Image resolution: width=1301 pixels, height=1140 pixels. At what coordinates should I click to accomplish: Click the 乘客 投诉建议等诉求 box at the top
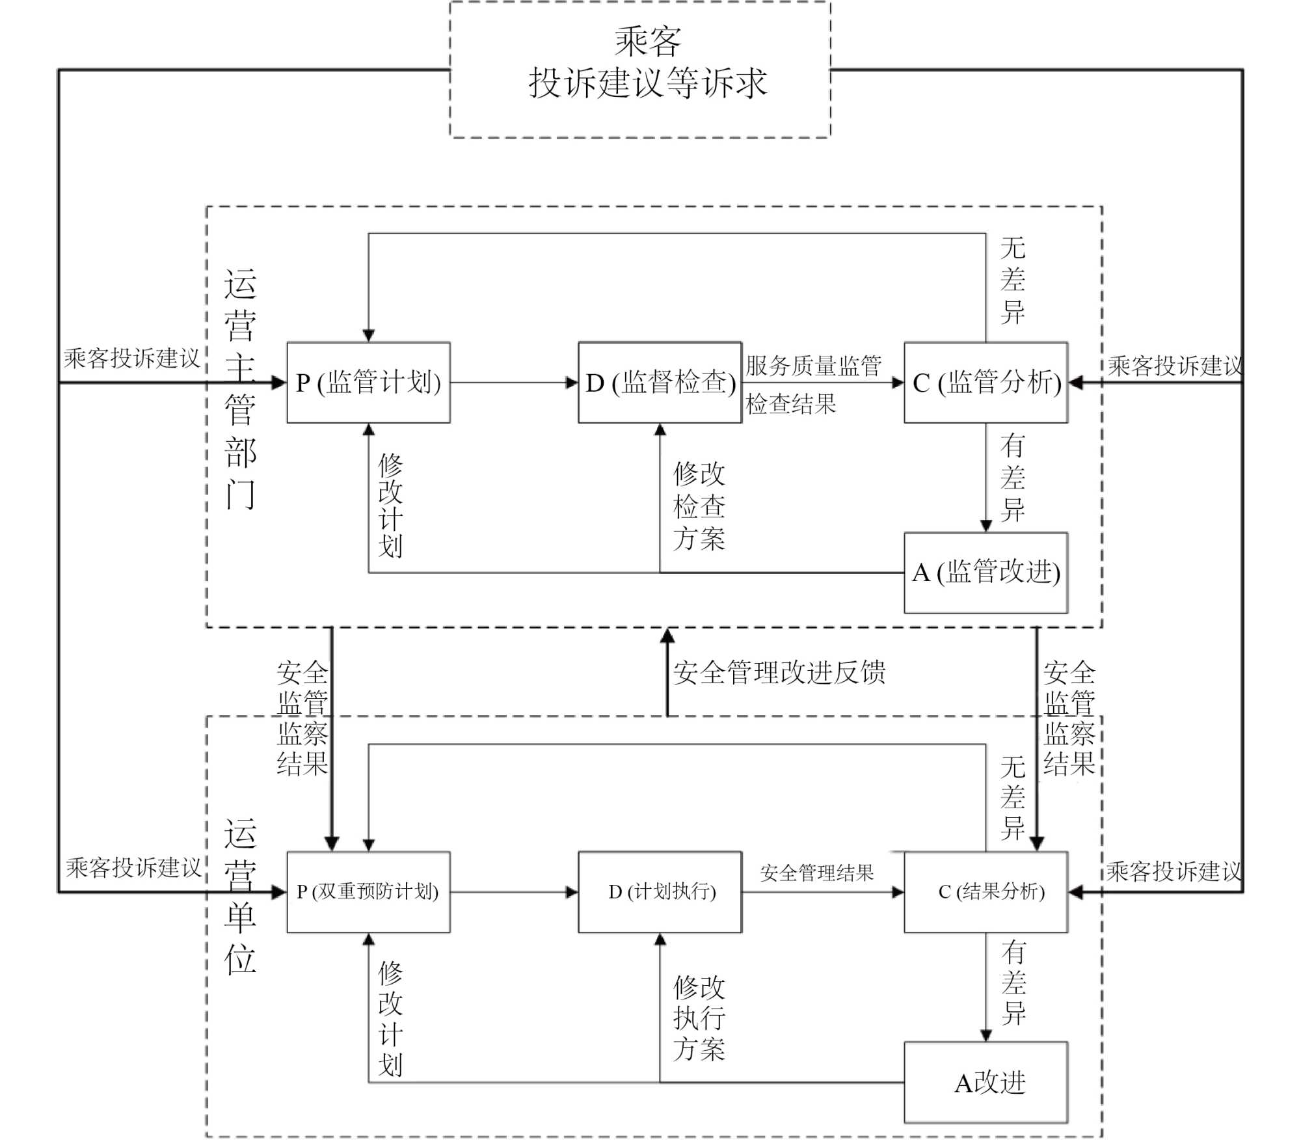point(640,70)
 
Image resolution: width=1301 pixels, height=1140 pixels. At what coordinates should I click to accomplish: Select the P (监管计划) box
point(369,383)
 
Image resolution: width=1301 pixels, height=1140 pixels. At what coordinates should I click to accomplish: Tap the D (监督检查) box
point(660,383)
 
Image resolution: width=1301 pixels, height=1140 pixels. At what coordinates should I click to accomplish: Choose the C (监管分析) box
point(986,383)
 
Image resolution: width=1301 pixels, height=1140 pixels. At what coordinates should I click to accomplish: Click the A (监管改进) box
point(986,573)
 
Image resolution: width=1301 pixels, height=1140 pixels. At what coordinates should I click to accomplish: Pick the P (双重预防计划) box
point(369,892)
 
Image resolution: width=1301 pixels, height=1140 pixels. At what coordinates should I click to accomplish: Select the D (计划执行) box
point(660,892)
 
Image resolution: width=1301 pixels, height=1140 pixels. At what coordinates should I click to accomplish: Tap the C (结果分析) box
point(986,892)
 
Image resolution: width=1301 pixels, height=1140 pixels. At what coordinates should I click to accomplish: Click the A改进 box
point(986,1083)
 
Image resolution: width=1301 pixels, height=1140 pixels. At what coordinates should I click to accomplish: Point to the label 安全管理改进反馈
point(779,673)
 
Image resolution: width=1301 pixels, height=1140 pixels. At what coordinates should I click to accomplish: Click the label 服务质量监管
point(814,366)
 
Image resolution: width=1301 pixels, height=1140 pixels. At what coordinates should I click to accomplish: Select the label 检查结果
point(791,404)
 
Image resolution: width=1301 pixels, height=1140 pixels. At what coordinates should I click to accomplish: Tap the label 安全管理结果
point(817,873)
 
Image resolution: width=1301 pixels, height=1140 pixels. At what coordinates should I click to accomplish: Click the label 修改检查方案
point(699,506)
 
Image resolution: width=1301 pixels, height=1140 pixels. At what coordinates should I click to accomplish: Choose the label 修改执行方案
point(699,1018)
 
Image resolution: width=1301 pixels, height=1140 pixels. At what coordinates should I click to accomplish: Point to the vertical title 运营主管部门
point(240,388)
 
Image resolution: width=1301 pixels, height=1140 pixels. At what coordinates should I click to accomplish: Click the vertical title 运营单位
point(240,896)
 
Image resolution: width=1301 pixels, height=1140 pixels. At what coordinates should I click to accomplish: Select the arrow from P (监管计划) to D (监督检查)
point(514,383)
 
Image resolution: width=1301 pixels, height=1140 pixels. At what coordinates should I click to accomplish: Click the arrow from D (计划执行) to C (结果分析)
point(823,892)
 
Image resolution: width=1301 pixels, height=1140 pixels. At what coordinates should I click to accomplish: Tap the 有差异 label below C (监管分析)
point(1013,478)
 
